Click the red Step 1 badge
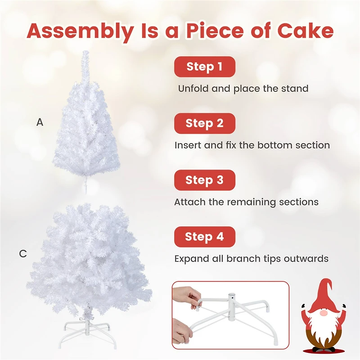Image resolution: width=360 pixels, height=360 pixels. point(205,67)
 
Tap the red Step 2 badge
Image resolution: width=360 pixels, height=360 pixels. point(205,123)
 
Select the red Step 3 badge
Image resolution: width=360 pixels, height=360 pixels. point(205,180)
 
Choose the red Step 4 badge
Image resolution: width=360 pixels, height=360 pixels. point(205,237)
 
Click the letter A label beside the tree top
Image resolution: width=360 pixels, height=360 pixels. point(40,122)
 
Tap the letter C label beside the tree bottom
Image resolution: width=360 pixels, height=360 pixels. point(23,254)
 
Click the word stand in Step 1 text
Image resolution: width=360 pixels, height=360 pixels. point(295,89)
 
